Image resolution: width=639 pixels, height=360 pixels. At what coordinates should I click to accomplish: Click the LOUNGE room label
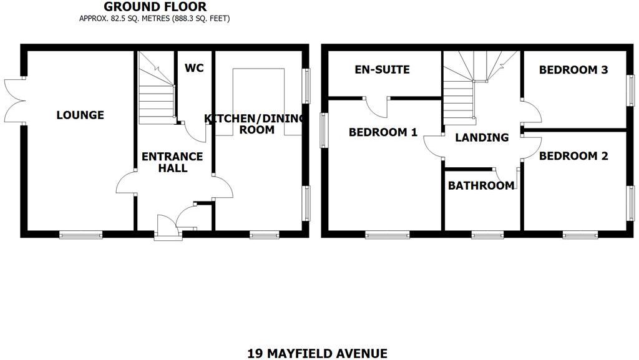point(80,115)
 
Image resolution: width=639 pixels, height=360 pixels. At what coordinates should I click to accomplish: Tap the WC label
point(195,69)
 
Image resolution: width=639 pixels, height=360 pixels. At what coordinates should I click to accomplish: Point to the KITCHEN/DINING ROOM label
point(256,124)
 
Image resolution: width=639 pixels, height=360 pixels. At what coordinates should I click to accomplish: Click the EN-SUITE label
point(382,69)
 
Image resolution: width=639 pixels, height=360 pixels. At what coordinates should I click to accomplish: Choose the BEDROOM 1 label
point(383,132)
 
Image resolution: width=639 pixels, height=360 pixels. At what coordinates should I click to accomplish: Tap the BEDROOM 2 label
point(573,156)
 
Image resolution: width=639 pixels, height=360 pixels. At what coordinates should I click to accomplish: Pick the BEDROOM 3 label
point(573,70)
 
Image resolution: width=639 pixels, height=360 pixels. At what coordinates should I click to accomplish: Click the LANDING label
point(481,137)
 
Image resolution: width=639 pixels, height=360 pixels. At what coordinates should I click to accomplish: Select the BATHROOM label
point(481,185)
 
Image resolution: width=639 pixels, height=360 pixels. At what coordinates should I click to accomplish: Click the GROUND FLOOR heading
point(155,7)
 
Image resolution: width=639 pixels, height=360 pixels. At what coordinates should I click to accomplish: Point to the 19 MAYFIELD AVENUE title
point(317,354)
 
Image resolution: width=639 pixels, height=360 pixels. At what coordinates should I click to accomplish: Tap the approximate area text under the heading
point(155,19)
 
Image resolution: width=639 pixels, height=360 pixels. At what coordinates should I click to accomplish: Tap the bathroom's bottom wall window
point(487,235)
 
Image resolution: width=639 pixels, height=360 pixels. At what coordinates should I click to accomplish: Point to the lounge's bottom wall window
point(80,235)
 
